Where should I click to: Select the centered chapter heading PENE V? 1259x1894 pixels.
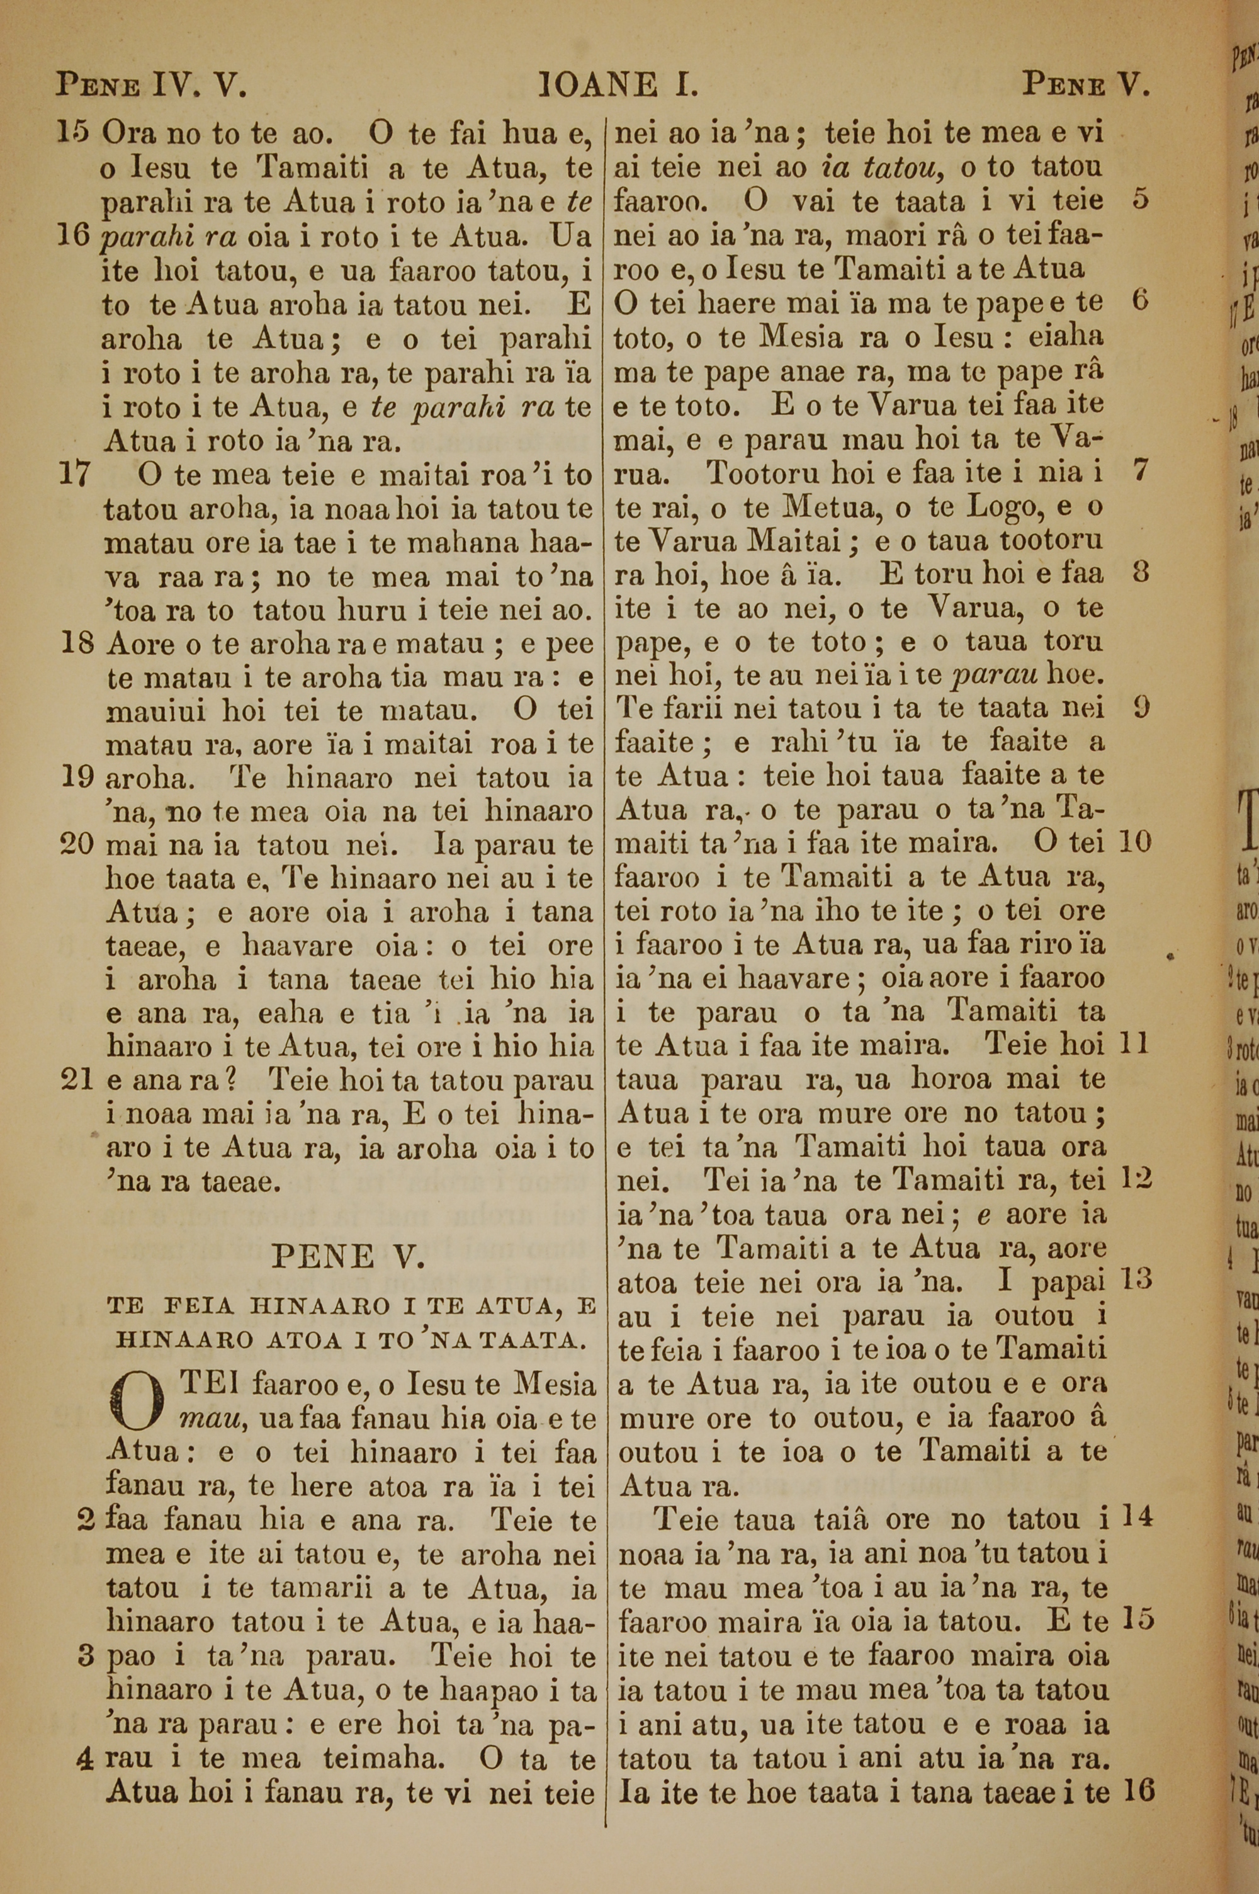347,1256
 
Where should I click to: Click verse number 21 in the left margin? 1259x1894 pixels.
79,1080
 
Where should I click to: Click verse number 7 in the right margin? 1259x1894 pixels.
1139,471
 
